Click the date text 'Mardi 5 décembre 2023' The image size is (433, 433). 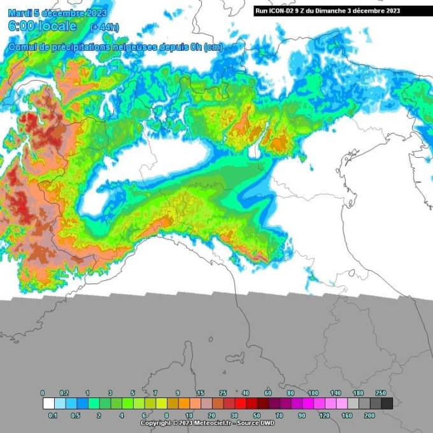tap(57, 13)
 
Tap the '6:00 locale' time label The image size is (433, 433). tap(42, 26)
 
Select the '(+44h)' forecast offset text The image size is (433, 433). tap(104, 27)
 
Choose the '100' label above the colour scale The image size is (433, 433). tap(313, 393)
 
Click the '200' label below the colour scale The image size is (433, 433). tap(369, 415)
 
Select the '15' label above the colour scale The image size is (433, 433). tap(200, 393)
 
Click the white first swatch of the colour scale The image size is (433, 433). tap(48, 403)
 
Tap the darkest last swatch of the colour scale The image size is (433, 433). tap(387, 403)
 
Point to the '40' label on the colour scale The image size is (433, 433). tap(245, 393)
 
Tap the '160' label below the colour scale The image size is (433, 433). tap(346, 415)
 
